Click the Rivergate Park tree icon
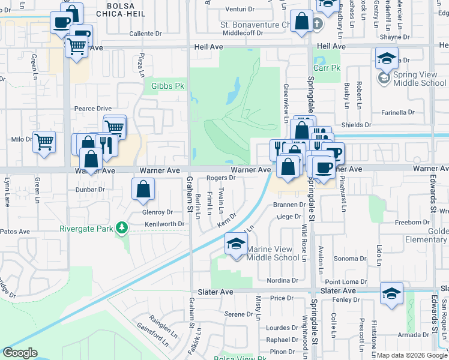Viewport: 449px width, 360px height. pyautogui.click(x=122, y=228)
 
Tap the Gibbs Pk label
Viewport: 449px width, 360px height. pyautogui.click(x=167, y=86)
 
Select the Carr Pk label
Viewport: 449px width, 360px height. pyautogui.click(x=327, y=68)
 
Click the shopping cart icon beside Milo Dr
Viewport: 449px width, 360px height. pyautogui.click(x=44, y=143)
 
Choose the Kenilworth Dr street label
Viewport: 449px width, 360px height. pyautogui.click(x=164, y=224)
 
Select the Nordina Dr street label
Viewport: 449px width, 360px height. pyautogui.click(x=283, y=280)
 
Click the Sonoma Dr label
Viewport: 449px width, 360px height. pyautogui.click(x=350, y=258)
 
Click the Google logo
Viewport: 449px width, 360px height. pyautogui.click(x=20, y=353)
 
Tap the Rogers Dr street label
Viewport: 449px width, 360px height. pyautogui.click(x=221, y=178)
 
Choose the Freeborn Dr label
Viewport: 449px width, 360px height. pyautogui.click(x=412, y=222)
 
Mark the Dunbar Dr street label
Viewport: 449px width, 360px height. pyautogui.click(x=90, y=189)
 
